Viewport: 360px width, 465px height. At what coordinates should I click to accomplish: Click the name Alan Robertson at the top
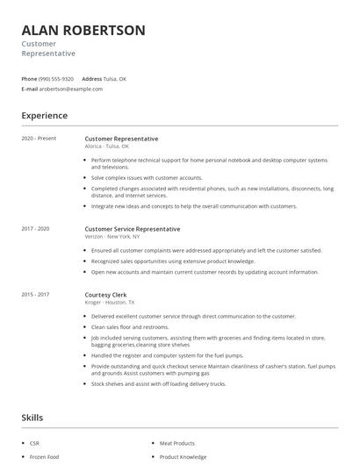pyautogui.click(x=83, y=30)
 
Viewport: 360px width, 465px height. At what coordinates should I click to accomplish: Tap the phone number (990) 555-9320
pyautogui.click(x=57, y=78)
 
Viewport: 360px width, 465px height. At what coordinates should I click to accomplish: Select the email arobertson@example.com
pyautogui.click(x=71, y=89)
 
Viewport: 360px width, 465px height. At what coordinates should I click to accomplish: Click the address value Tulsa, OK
pyautogui.click(x=115, y=78)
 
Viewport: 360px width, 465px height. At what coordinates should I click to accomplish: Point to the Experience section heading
pyautogui.click(x=45, y=115)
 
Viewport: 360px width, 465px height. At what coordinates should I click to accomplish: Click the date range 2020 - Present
pyautogui.click(x=39, y=139)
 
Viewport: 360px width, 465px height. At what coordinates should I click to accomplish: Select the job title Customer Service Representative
pyautogui.click(x=133, y=228)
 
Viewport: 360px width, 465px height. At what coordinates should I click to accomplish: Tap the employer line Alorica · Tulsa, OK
pyautogui.click(x=106, y=147)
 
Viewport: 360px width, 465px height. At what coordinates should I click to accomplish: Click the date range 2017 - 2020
pyautogui.click(x=36, y=228)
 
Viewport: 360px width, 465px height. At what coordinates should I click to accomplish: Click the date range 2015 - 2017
pyautogui.click(x=36, y=294)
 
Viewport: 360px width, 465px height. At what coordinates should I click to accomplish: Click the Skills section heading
pyautogui.click(x=32, y=417)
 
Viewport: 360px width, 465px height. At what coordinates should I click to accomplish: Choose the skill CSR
pyautogui.click(x=34, y=443)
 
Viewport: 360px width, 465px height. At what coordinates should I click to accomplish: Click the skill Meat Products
pyautogui.click(x=177, y=443)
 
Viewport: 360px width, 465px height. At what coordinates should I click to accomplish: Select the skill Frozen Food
pyautogui.click(x=43, y=457)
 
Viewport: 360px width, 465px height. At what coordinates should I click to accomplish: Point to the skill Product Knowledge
pyautogui.click(x=184, y=457)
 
